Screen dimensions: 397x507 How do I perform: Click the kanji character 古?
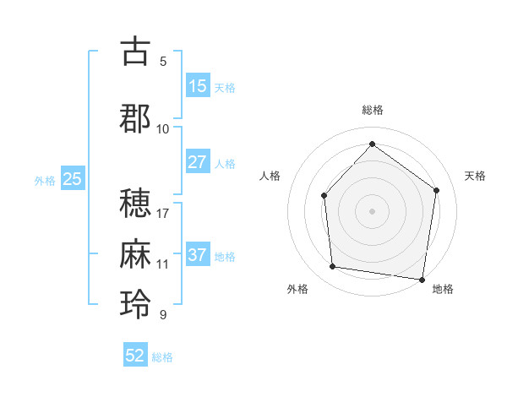tap(135, 52)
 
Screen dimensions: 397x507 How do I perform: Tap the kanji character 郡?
tap(135, 118)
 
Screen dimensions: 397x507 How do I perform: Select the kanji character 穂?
tap(135, 202)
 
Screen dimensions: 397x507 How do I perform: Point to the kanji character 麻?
tap(135, 253)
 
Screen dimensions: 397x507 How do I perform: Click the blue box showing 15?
tap(197, 86)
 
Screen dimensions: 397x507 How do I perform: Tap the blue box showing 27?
tap(197, 162)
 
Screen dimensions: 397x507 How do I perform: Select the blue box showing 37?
tap(197, 255)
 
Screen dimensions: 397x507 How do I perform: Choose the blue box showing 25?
tap(72, 179)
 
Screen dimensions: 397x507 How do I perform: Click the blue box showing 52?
tap(135, 356)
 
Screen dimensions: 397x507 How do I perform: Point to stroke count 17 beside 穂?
tap(163, 212)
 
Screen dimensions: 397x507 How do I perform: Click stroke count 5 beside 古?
tap(163, 61)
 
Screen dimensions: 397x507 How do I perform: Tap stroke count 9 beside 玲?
tap(163, 315)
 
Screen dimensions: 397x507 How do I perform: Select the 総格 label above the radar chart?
tap(372, 110)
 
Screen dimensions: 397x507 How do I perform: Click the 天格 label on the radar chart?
tap(476, 176)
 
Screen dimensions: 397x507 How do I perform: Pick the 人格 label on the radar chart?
tap(270, 176)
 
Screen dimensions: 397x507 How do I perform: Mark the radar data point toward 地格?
tap(422, 279)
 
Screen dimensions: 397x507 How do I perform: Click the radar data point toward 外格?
tap(333, 267)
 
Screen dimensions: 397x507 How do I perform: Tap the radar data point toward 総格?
tap(372, 144)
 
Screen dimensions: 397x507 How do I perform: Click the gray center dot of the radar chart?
tap(372, 210)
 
